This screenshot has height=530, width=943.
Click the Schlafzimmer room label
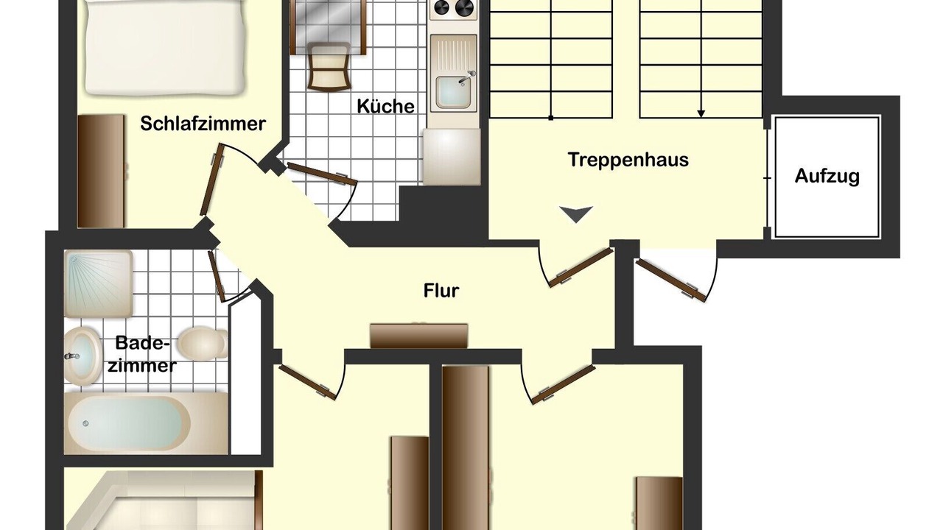203,124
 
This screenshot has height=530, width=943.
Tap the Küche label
385,106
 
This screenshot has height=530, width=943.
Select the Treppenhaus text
628,160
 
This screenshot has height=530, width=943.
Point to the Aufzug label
827,176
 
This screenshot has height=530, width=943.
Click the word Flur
441,291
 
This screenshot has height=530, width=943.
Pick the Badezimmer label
142,354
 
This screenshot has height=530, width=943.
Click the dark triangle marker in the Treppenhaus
576,214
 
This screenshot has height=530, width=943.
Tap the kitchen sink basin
452,92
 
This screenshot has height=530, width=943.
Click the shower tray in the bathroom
99,283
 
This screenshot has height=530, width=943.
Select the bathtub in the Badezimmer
146,423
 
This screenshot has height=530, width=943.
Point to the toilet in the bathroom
203,343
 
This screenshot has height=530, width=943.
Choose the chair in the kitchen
329,66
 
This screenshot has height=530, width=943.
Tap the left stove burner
442,7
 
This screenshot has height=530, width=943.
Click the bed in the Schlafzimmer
165,46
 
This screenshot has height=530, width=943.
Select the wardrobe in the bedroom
101,172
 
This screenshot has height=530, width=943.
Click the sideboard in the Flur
419,336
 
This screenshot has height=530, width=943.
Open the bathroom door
217,276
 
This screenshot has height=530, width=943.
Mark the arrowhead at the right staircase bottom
701,113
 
